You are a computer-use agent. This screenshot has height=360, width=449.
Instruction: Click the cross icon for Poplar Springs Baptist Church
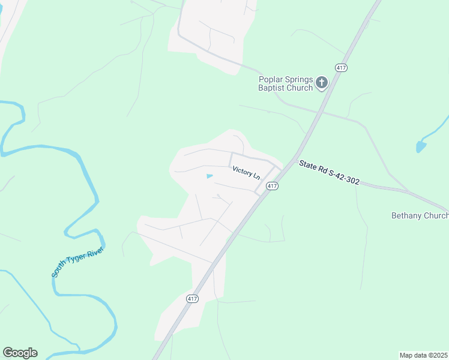322,82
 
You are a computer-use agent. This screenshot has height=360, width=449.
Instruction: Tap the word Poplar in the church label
270,79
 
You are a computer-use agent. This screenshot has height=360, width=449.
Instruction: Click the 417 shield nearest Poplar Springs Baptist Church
342,68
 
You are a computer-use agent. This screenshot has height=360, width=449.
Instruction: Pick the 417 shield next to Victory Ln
273,186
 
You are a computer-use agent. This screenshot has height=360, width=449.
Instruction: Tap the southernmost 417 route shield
192,298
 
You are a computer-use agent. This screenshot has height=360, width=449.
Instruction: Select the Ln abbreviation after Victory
257,176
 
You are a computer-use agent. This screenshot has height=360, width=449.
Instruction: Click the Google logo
20,353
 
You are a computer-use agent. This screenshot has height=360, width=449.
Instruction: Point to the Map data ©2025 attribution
424,355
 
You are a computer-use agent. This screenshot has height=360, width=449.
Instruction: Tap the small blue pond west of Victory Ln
209,176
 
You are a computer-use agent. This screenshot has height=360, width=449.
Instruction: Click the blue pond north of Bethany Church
421,146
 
